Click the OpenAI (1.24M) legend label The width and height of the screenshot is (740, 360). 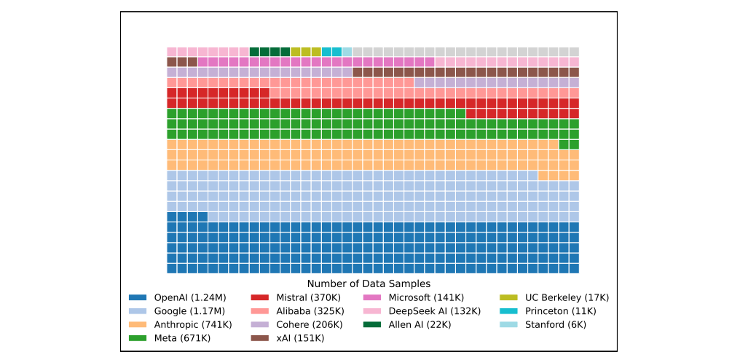pos(190,297)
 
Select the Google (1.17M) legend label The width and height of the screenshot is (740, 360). pos(189,311)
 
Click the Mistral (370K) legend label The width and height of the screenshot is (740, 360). pos(309,297)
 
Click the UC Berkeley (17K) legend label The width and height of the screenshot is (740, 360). pos(567,297)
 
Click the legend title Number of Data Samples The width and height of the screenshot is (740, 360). pos(369,283)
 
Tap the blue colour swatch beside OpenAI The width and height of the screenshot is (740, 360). pos(138,297)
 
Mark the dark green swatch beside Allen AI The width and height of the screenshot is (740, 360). pos(372,325)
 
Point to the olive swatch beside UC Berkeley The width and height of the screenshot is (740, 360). pos(508,297)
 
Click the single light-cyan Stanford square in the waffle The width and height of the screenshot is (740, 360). pos(347,52)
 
